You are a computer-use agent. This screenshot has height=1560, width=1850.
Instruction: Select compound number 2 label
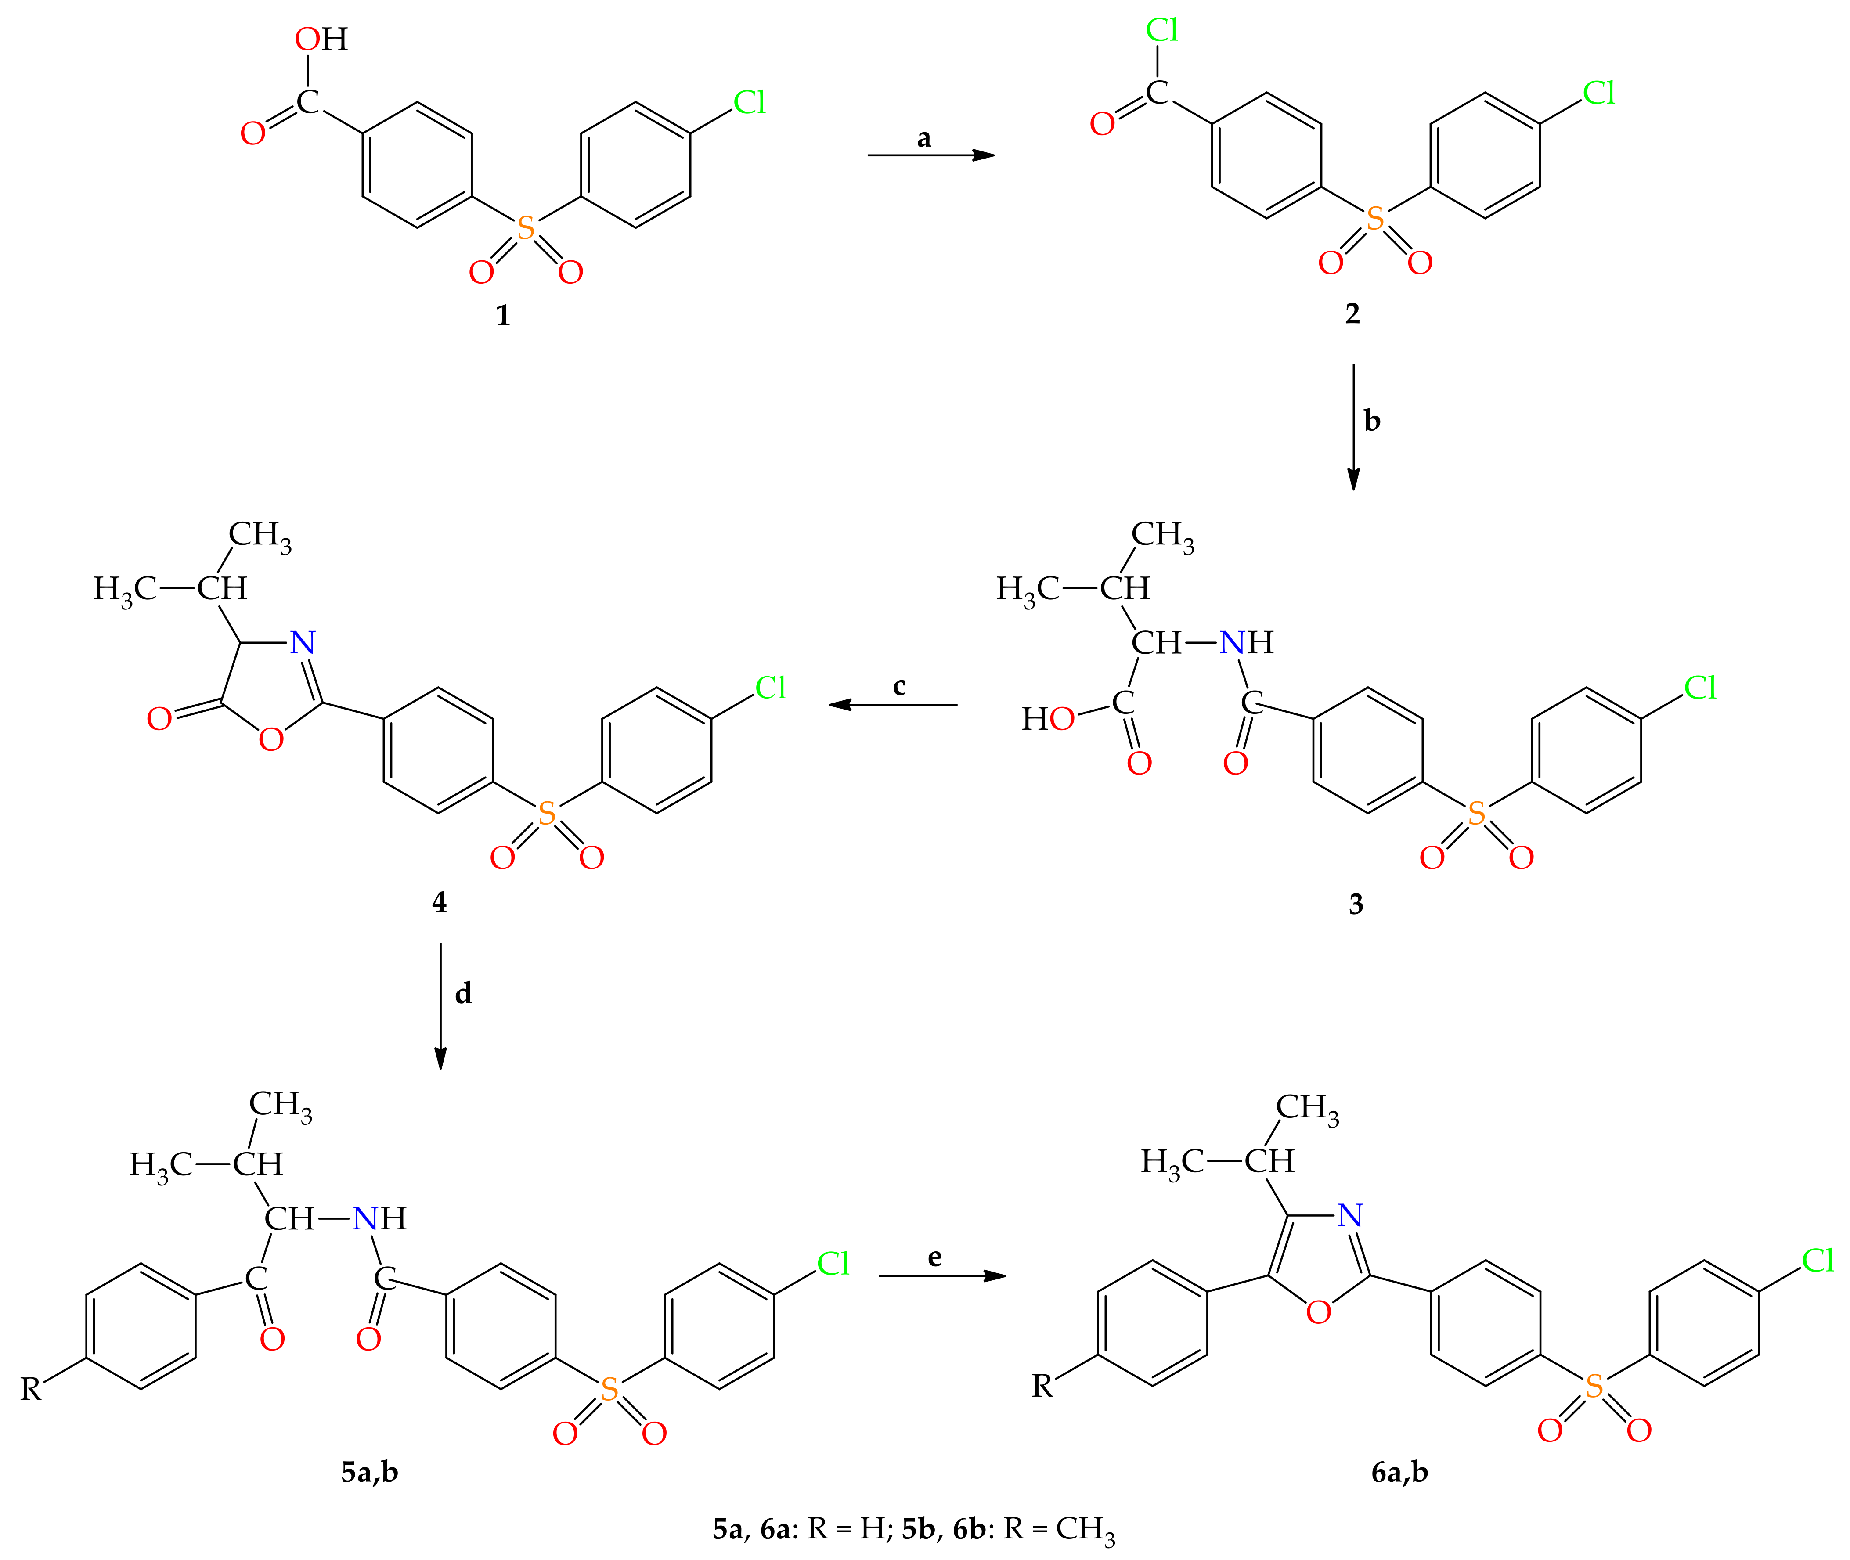tap(1352, 313)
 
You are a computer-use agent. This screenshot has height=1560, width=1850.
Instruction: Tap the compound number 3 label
tap(1356, 904)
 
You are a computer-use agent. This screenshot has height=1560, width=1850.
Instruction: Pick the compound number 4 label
tap(440, 902)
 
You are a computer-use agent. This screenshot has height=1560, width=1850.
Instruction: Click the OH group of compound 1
tap(321, 39)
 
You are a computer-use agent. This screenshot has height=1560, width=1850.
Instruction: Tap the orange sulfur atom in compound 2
tap(1375, 219)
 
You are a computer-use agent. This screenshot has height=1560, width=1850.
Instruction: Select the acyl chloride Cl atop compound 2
tap(1162, 30)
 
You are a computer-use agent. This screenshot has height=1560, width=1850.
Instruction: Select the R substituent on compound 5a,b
tap(31, 1389)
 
